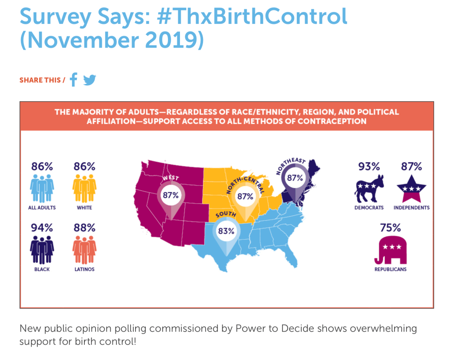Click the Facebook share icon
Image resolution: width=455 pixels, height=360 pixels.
point(74,80)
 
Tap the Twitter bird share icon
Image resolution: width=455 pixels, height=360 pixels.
point(90,80)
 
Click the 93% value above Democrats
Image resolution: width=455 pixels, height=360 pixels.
point(369,167)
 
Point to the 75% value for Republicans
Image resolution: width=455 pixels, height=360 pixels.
point(390,228)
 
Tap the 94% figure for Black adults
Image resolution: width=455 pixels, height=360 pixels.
point(42,228)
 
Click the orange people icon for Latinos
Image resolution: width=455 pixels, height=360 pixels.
point(84,249)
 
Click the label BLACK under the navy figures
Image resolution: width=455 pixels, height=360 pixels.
point(42,269)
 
